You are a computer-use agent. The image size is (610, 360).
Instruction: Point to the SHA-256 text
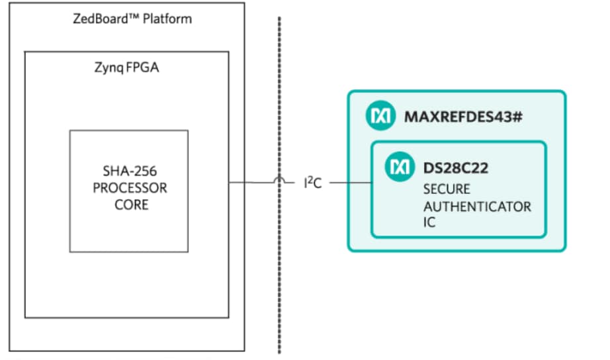[x=130, y=171]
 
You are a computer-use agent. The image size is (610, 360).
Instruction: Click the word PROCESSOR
[x=130, y=188]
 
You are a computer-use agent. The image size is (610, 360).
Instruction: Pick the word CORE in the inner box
[x=131, y=205]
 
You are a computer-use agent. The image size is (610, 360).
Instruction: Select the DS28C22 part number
[x=456, y=168]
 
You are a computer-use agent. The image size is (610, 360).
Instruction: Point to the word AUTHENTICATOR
[x=477, y=206]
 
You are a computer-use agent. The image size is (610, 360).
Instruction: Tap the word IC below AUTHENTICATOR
[x=430, y=223]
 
